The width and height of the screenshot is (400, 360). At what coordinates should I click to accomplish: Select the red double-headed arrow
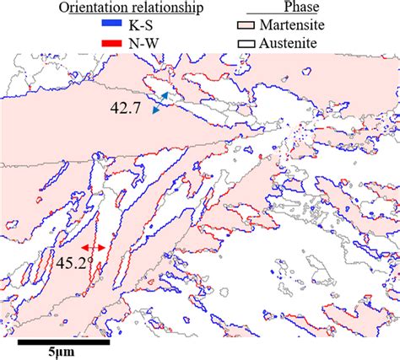tap(93, 248)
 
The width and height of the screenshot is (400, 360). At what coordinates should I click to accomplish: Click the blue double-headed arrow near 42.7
tap(159, 104)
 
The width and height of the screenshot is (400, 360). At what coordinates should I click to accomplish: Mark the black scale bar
tap(64, 342)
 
